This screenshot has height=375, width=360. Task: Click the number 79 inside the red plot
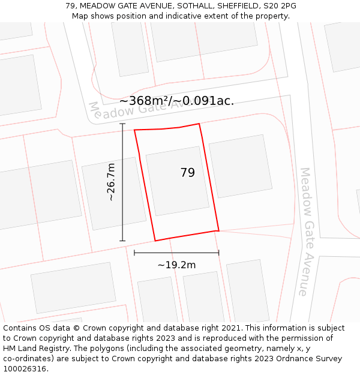click(x=187, y=173)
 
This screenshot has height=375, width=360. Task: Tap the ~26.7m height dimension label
click(x=110, y=182)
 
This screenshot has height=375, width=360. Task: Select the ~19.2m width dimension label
click(x=176, y=265)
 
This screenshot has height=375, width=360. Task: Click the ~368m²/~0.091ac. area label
click(x=176, y=101)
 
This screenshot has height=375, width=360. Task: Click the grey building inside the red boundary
click(x=177, y=181)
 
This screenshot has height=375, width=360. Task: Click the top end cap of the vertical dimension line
click(x=122, y=124)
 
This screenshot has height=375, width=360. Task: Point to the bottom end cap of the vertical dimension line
click(x=122, y=241)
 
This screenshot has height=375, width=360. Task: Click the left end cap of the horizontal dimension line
click(x=134, y=253)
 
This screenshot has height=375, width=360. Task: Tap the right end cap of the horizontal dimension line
click(x=218, y=253)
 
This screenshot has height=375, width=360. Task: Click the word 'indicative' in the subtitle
click(x=183, y=16)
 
